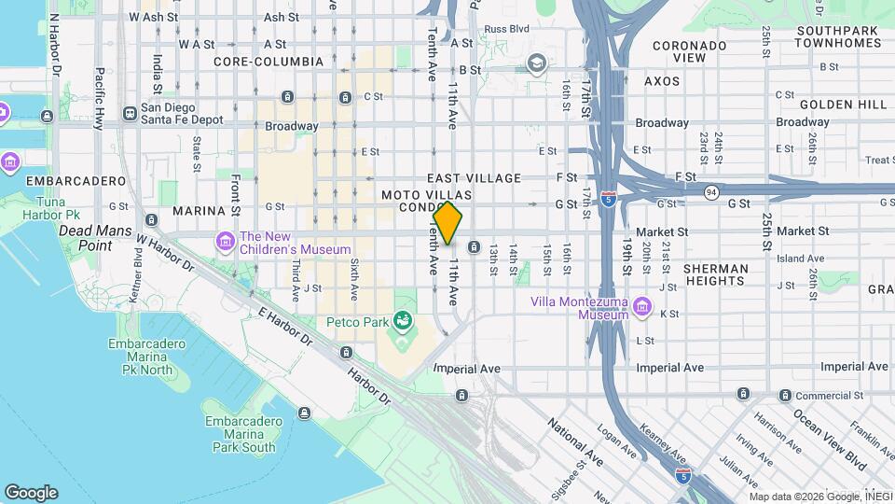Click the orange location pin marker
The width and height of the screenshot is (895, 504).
click(447, 223)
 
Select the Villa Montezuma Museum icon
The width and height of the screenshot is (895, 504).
click(641, 307)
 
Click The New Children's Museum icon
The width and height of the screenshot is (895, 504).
click(226, 242)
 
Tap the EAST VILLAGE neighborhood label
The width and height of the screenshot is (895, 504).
click(475, 177)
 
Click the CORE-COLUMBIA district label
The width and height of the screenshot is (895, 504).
click(268, 62)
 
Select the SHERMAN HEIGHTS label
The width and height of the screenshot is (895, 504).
click(716, 275)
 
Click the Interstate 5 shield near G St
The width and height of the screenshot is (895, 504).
click(608, 200)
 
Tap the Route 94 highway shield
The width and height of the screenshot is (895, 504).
click(710, 192)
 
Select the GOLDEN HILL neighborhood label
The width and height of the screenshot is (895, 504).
click(833, 104)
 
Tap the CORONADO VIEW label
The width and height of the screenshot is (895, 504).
click(690, 51)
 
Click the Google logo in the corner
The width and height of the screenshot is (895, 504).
click(31, 493)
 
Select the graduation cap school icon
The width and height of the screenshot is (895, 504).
click(536, 63)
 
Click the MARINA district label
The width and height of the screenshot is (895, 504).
click(200, 211)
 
